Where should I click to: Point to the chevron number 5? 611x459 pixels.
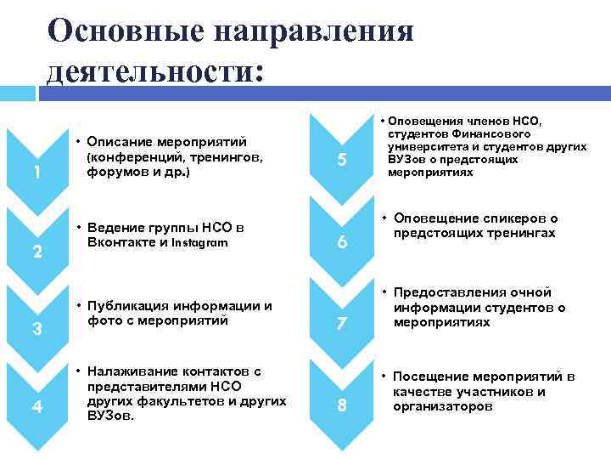(342, 160)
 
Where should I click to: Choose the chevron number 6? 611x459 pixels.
(342, 242)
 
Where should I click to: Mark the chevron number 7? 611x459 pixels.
(342, 324)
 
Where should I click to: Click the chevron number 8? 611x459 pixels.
(342, 405)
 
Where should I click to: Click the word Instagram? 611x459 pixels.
(199, 242)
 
